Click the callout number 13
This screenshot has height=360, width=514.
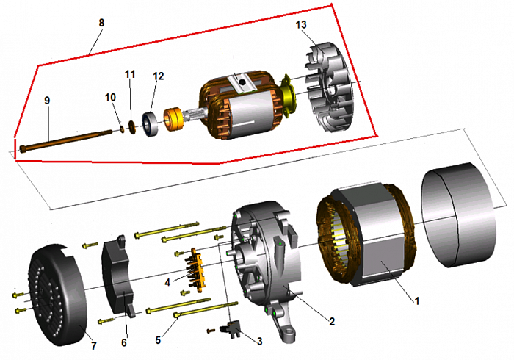[301, 25]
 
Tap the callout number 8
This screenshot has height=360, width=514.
[101, 23]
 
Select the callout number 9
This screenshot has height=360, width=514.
[47, 99]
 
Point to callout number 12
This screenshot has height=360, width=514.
[159, 76]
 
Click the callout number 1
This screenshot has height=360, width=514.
[418, 300]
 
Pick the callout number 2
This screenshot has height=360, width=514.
[332, 321]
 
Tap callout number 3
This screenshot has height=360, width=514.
[259, 340]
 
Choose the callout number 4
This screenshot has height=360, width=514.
[167, 281]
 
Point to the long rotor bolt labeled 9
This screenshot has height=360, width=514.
[73, 140]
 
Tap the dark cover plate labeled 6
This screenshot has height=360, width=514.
[118, 272]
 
